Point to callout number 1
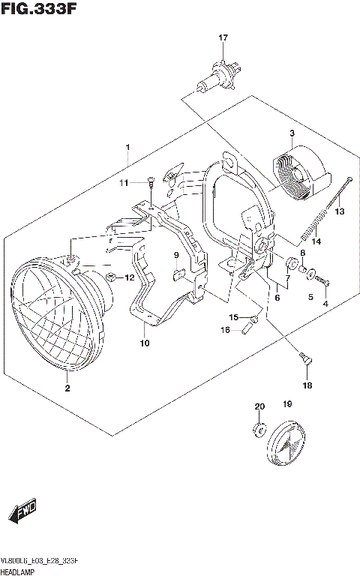(127, 146)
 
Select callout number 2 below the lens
(67, 388)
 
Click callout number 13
(339, 212)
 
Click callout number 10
(144, 343)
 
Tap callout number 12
(129, 277)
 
